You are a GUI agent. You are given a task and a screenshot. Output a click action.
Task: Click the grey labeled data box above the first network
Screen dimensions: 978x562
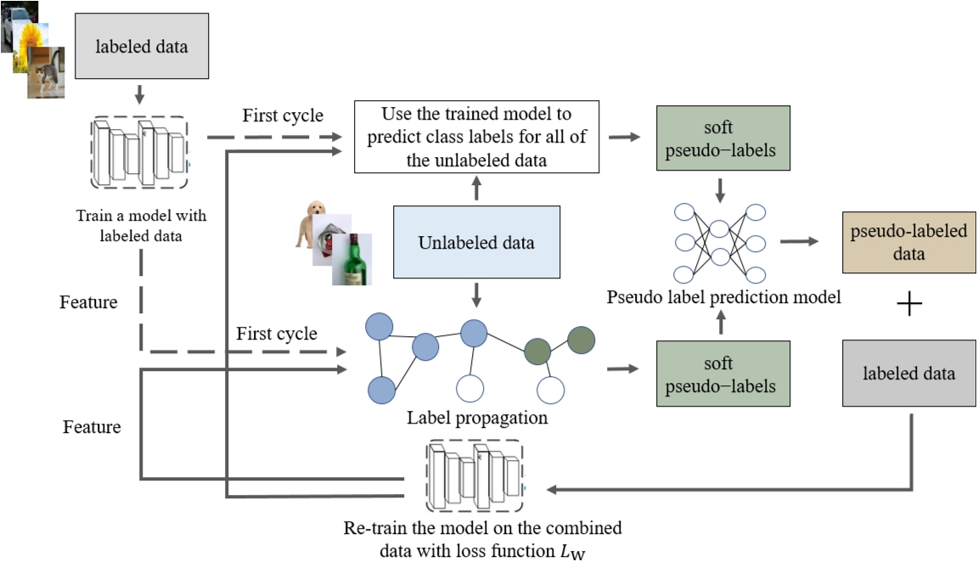[142, 46]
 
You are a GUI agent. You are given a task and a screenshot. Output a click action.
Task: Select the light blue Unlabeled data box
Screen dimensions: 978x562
[476, 242]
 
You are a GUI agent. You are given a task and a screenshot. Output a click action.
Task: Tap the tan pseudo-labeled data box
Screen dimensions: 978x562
[908, 243]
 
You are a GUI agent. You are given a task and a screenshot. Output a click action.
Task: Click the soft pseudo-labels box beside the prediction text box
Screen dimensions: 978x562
[723, 138]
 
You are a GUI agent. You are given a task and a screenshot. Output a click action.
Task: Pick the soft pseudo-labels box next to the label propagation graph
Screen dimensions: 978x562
[723, 374]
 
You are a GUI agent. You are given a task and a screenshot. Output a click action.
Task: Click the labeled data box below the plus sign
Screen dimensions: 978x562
[908, 373]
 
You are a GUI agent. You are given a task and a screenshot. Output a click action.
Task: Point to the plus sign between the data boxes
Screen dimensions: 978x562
[909, 304]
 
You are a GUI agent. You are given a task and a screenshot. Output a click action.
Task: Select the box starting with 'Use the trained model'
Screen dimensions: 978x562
[476, 137]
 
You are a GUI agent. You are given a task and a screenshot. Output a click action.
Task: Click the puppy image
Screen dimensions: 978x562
[312, 223]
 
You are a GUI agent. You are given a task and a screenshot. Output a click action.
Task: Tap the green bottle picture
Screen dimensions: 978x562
[352, 260]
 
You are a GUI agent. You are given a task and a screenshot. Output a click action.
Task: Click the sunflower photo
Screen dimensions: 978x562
[31, 46]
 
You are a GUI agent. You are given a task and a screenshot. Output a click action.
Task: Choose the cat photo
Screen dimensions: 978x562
[46, 73]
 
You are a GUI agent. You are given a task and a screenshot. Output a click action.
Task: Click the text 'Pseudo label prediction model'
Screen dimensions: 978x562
[723, 297]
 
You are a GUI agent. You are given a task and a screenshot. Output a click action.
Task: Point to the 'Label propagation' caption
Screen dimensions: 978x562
[477, 418]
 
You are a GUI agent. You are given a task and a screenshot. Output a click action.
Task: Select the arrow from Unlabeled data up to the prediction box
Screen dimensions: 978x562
[476, 188]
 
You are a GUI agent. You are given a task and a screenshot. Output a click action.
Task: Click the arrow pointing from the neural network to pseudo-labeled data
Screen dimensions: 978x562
[799, 241]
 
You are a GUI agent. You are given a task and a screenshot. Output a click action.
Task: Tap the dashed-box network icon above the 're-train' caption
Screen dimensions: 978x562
[475, 476]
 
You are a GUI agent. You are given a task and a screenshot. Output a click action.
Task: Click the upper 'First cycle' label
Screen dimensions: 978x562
[283, 115]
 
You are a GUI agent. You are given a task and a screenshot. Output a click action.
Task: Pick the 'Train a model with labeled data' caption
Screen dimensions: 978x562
[141, 226]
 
